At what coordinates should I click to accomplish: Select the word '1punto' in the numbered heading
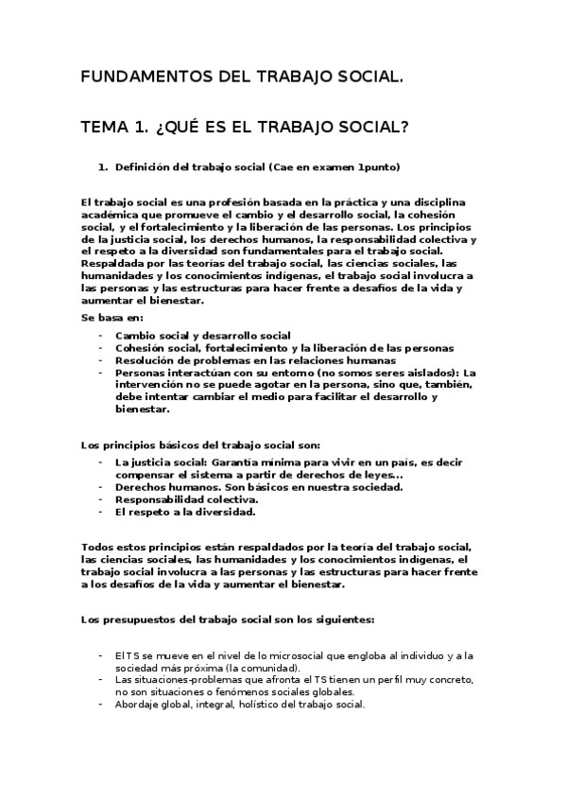[379, 167]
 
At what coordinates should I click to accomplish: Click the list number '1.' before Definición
[103, 167]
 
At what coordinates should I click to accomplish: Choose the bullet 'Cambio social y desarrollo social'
[202, 336]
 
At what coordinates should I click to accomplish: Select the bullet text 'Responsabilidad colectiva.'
[186, 499]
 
